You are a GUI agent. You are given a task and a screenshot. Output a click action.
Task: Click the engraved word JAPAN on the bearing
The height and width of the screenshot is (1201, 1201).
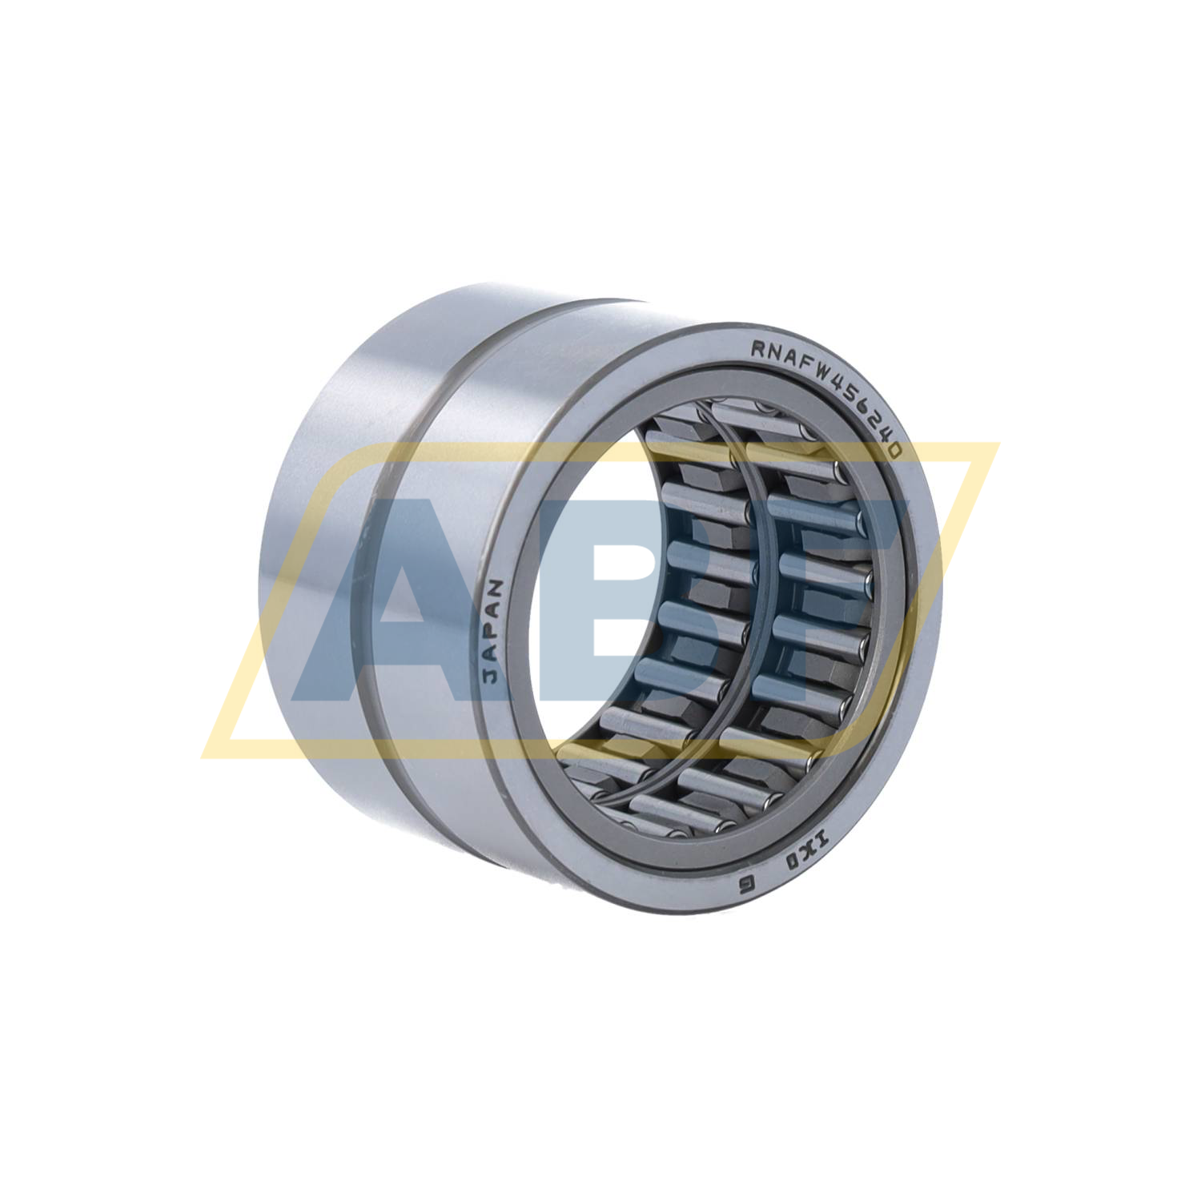(494, 631)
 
